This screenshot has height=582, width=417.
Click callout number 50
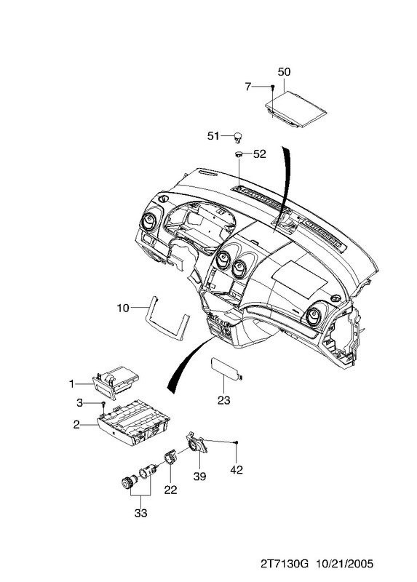(x=284, y=71)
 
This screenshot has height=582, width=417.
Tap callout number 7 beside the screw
(x=248, y=87)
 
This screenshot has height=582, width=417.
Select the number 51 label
(x=213, y=136)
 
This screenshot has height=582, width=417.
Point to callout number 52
(x=260, y=154)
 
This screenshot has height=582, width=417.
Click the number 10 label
(x=123, y=308)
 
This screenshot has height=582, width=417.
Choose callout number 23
(x=224, y=401)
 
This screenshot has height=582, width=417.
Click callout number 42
(x=237, y=470)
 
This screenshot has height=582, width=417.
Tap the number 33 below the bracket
(x=140, y=514)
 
